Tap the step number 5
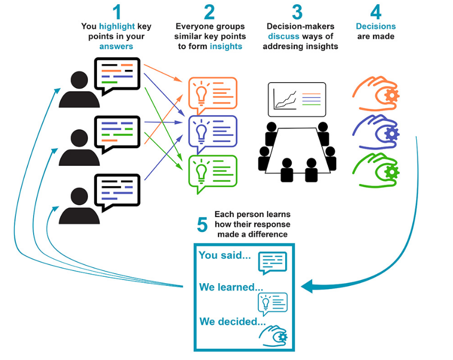pyautogui.click(x=202, y=225)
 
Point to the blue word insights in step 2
pyautogui.click(x=226, y=46)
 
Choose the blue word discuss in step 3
pyautogui.click(x=283, y=36)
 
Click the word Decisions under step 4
pyautogui.click(x=376, y=26)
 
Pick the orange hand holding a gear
pyautogui.click(x=376, y=91)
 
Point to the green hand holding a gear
pyautogui.click(x=376, y=170)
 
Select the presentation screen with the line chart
pyautogui.click(x=296, y=99)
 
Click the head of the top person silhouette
pyautogui.click(x=79, y=79)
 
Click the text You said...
pyautogui.click(x=224, y=255)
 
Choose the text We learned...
pyautogui.click(x=228, y=287)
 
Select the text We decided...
pyautogui.click(x=232, y=322)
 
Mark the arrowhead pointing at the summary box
pyautogui.click(x=308, y=287)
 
